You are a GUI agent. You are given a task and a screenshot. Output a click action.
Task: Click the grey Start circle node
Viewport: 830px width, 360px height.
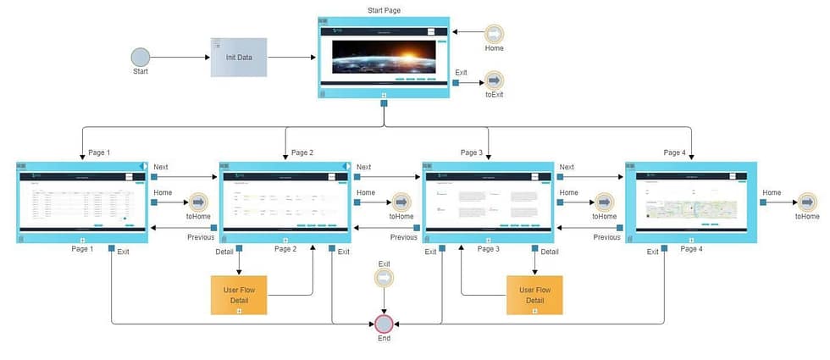[141, 57]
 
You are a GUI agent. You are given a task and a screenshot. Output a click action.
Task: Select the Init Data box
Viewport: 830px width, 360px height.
[239, 57]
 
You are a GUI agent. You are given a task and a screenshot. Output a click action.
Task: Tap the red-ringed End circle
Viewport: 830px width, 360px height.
[385, 324]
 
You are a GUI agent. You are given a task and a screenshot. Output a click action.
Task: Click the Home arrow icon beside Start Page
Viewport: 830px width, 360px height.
[494, 34]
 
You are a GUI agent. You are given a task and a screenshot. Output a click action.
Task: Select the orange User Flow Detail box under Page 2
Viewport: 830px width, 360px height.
[239, 295]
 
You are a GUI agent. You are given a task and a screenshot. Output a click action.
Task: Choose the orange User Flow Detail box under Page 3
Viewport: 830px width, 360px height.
[534, 295]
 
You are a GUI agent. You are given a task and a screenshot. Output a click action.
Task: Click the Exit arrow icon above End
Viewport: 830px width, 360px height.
[385, 278]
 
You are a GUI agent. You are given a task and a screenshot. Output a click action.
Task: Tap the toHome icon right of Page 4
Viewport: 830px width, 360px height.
[806, 202]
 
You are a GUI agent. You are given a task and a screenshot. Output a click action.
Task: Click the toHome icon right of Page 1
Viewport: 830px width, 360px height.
[197, 202]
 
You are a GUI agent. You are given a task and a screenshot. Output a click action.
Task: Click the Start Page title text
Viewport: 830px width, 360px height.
[384, 10]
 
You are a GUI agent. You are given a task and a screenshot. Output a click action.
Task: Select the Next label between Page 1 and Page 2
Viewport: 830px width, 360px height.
[161, 168]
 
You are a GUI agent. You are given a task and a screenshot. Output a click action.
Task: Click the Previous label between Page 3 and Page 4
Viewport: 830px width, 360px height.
[606, 237]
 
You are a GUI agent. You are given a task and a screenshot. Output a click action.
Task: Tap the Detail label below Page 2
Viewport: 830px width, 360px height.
[224, 252]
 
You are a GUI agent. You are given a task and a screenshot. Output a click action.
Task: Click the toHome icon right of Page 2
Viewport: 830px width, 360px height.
[401, 202]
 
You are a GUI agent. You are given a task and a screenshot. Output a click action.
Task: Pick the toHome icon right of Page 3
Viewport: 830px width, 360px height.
[603, 202]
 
